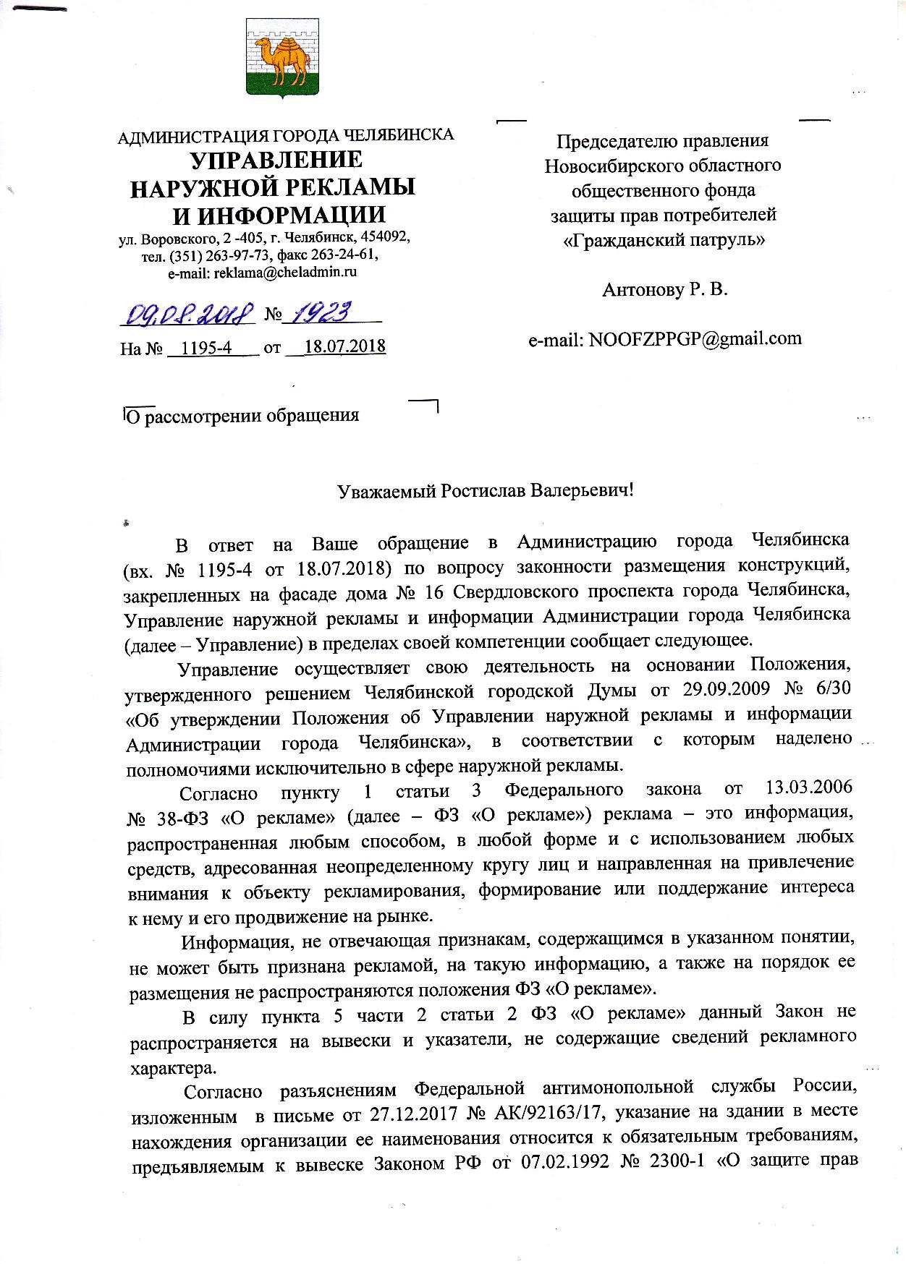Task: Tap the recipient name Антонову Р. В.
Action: [664, 290]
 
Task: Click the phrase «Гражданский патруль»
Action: [664, 239]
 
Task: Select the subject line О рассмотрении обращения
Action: [242, 416]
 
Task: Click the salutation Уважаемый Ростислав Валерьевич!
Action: [486, 491]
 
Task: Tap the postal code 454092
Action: [384, 238]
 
